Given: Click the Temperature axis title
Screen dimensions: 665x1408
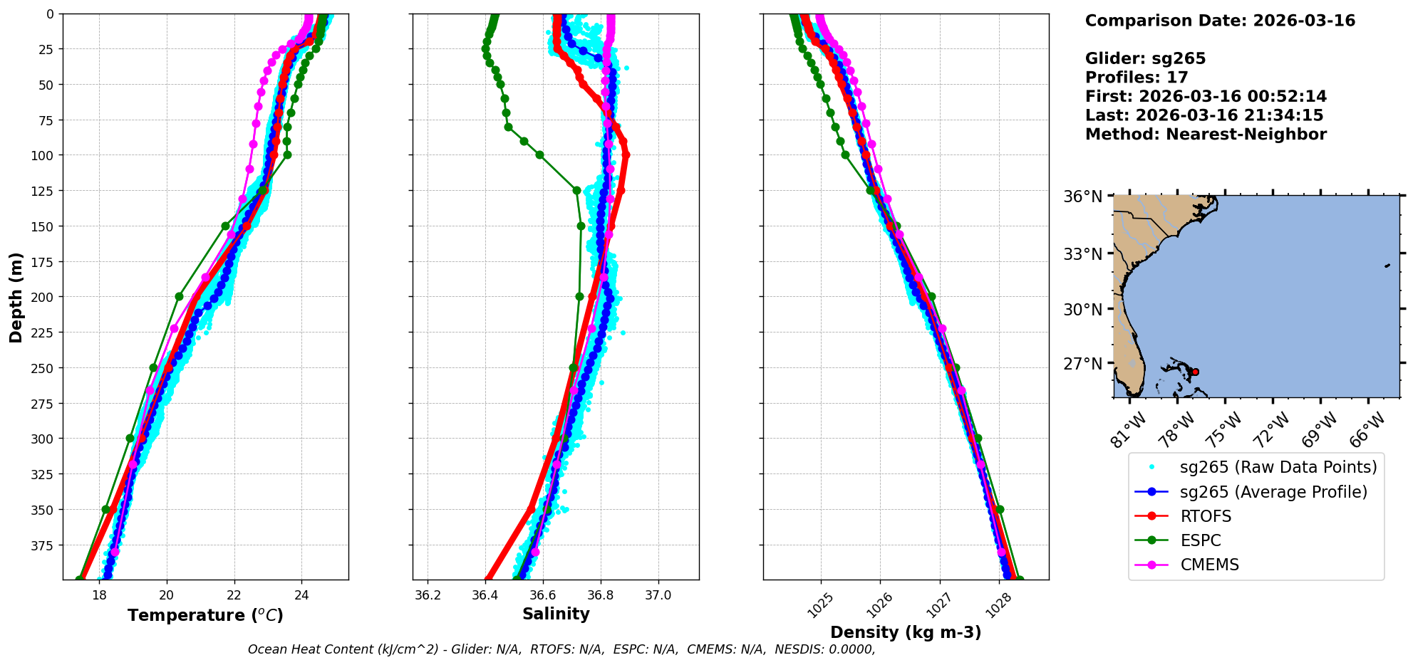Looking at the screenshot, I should (x=205, y=615).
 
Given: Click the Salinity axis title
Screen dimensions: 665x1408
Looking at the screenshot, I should (x=556, y=614).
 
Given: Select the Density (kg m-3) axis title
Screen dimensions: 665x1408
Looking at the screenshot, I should (x=906, y=632).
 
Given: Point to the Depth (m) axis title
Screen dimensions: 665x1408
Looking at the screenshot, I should (x=16, y=297).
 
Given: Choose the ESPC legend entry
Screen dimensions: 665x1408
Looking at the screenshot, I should (x=1201, y=540).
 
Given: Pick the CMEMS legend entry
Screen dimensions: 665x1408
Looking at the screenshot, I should (x=1209, y=565).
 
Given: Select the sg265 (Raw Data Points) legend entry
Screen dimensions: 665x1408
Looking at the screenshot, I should (x=1278, y=467).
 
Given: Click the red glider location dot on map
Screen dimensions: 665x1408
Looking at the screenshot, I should (x=1195, y=372).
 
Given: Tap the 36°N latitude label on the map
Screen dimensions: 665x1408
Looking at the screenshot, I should (x=1083, y=197).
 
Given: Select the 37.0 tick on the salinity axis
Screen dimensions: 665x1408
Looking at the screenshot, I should (x=658, y=595).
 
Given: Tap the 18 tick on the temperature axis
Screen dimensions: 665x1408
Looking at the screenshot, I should (x=99, y=595).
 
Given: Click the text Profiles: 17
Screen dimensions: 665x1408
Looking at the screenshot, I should (x=1137, y=78).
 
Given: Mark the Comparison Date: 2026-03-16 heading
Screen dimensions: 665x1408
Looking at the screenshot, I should (x=1220, y=21).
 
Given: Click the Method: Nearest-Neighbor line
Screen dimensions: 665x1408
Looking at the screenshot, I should (x=1206, y=135).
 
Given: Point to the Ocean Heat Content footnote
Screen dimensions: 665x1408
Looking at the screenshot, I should (x=561, y=649).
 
